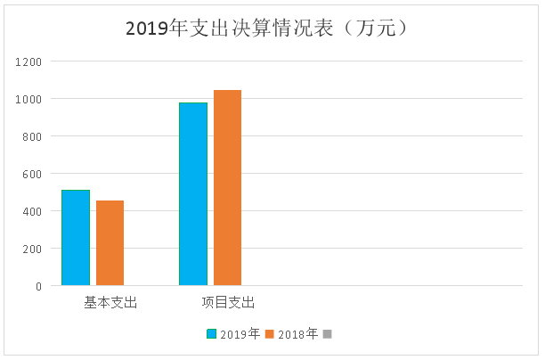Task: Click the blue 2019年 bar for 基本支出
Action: click(76, 237)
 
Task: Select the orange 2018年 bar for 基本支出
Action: click(110, 242)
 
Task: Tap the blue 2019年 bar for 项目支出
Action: click(192, 193)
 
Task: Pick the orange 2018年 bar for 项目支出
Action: click(227, 187)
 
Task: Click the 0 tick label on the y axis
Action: click(38, 286)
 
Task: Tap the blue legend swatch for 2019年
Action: click(212, 334)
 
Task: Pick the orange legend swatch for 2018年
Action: click(270, 334)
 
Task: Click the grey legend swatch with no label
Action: click(327, 334)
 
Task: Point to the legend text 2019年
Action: click(240, 334)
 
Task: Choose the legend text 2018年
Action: click(297, 334)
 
